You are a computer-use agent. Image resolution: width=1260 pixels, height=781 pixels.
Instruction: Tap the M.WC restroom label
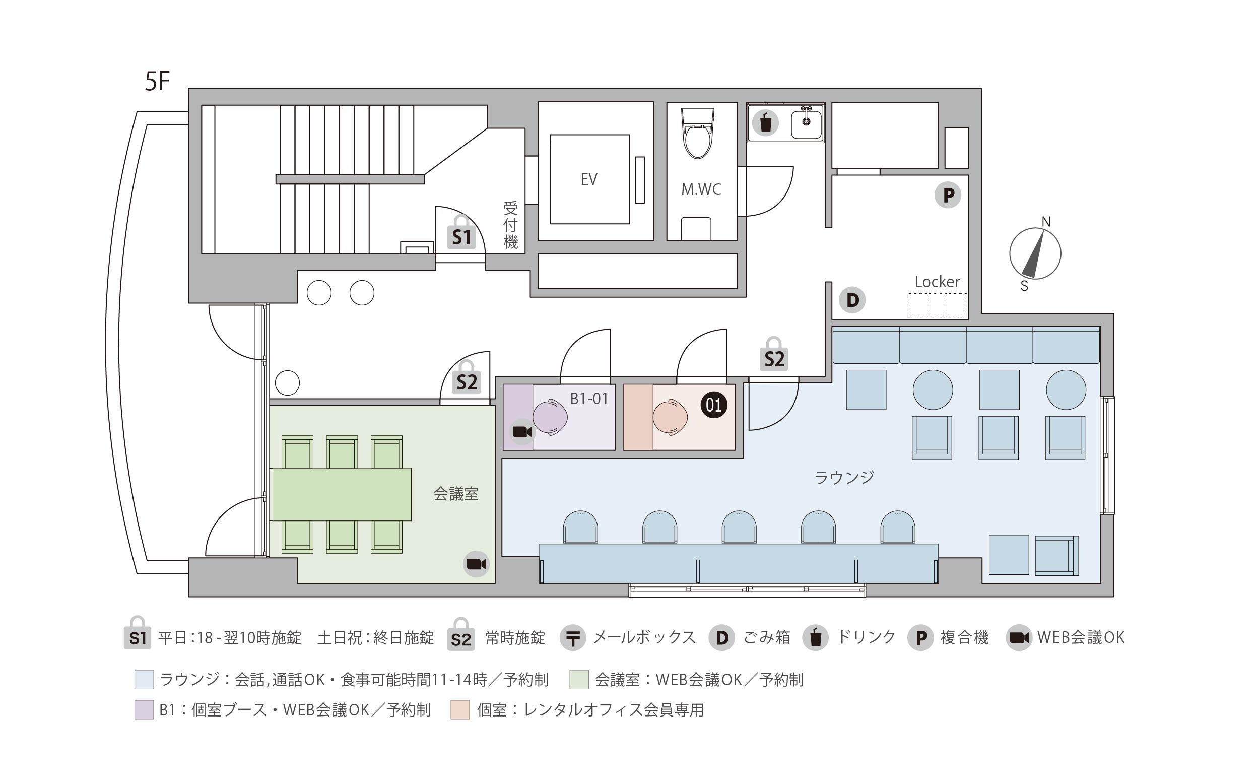click(701, 189)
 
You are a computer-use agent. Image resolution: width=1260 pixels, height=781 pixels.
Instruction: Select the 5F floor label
click(157, 82)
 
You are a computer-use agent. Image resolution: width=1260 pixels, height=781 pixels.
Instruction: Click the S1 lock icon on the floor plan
click(461, 233)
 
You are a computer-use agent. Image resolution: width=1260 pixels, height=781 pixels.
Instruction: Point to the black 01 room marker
click(714, 405)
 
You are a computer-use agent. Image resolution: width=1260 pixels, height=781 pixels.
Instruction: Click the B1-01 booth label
click(589, 398)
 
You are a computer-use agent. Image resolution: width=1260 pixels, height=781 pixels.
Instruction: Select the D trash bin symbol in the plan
click(852, 300)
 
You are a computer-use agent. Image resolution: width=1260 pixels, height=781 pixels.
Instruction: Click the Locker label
click(937, 282)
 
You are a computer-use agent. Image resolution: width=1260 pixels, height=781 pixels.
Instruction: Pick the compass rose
click(1035, 253)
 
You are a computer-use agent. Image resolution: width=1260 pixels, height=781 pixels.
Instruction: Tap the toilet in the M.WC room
click(698, 133)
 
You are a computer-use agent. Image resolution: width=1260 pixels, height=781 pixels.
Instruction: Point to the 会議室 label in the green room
click(455, 494)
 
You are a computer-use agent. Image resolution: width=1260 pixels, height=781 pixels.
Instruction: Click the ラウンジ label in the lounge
click(844, 477)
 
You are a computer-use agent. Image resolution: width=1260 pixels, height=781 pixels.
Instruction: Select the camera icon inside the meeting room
click(476, 563)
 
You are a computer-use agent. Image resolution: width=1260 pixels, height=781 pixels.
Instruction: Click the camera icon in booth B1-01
click(522, 432)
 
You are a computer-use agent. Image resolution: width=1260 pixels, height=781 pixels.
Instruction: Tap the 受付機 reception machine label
click(510, 225)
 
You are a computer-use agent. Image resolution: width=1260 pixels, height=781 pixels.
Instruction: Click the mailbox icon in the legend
click(573, 638)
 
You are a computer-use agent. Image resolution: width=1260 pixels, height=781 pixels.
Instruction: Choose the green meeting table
click(342, 494)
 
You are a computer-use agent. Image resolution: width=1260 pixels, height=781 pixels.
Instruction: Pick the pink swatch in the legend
click(459, 710)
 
